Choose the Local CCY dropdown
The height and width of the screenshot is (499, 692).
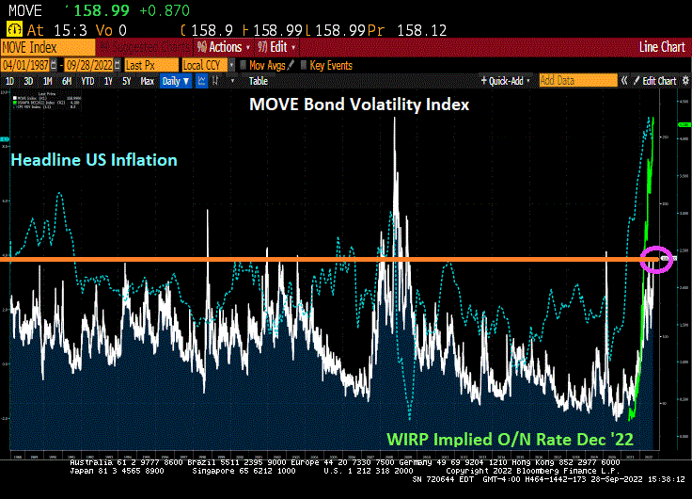coord(206,65)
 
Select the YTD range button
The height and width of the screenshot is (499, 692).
coord(87,81)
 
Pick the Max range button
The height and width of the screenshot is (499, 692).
coord(147,81)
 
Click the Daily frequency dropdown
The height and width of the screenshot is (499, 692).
coord(176,81)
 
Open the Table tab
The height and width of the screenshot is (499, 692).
coord(258,81)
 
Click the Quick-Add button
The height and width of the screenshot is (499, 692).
coord(508,81)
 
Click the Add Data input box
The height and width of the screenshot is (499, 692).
coord(568,81)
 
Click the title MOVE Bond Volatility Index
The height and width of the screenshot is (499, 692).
coord(358,105)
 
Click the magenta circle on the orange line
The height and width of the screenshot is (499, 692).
coord(656,258)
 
